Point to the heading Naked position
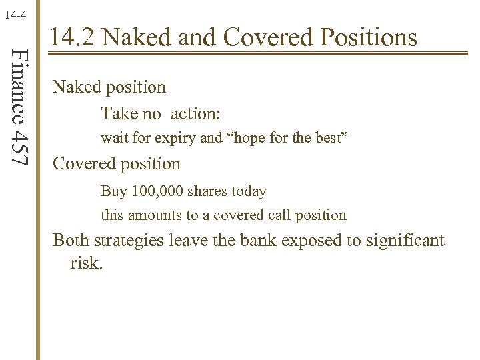pos(109,87)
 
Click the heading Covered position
pos(116,163)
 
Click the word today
pos(249,191)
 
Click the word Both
pos(71,240)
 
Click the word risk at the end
pos(85,262)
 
